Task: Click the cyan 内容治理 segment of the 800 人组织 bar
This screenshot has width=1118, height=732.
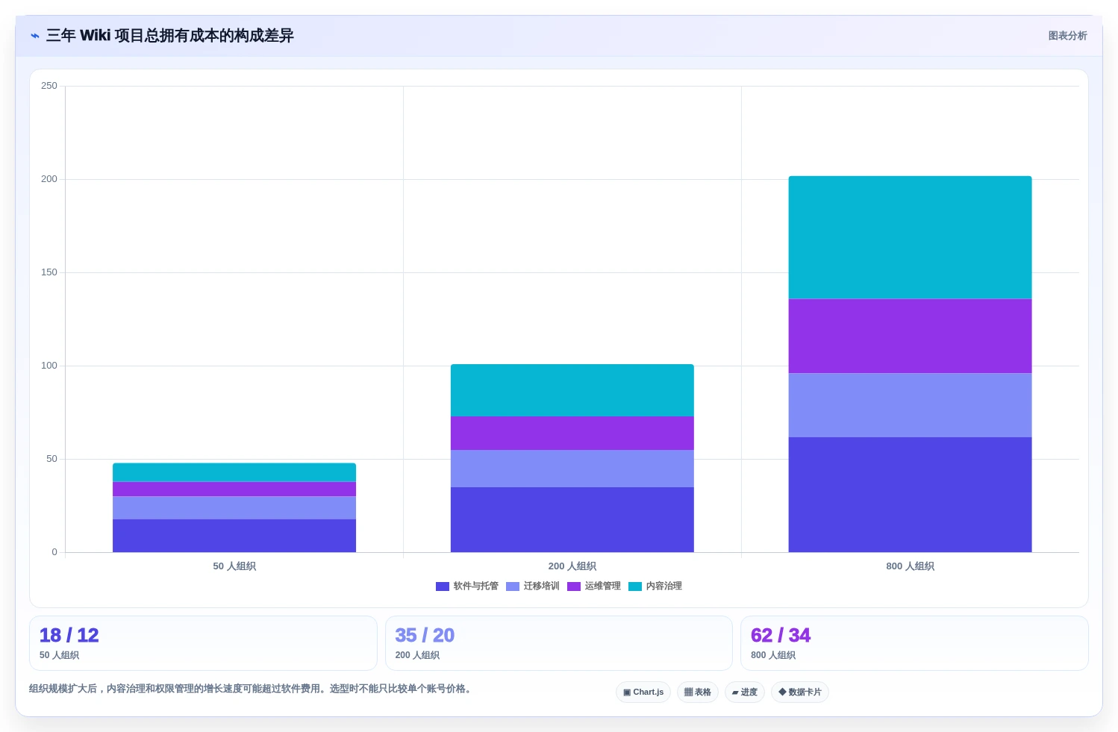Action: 910,237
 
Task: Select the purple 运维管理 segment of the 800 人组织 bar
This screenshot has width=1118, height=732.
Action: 910,336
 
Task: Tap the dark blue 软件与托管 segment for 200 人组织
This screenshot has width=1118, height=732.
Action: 572,519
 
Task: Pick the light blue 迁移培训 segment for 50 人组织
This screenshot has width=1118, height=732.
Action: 234,507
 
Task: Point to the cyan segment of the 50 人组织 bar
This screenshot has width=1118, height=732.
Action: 234,472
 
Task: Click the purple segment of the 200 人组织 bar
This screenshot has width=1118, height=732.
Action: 572,433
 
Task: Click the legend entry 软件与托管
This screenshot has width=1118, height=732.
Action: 466,586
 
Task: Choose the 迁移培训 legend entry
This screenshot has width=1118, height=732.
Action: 532,586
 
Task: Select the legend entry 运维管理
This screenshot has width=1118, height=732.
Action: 593,586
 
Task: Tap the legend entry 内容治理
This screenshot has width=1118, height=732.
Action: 655,586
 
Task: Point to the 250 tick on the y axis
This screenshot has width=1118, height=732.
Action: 49,86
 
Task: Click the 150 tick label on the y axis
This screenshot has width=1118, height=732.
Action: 49,272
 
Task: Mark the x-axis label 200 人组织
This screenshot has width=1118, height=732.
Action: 572,566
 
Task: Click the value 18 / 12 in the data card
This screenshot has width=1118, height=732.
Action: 69,635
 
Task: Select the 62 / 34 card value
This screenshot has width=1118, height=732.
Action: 781,635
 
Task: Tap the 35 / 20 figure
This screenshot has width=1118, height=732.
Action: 425,635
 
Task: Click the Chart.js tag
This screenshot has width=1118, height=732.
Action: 643,692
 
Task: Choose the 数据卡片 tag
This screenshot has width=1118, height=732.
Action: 799,692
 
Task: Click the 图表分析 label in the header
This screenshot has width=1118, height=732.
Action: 1067,36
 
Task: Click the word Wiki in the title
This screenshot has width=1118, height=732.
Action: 95,35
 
